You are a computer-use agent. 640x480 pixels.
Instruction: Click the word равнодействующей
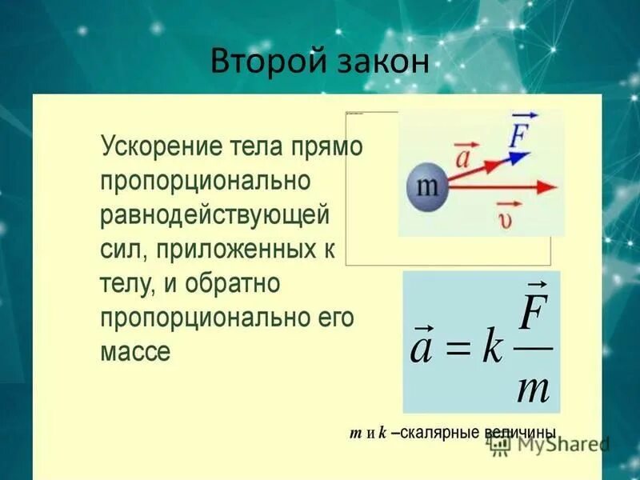pos(215,215)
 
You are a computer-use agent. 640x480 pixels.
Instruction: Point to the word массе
pos(135,351)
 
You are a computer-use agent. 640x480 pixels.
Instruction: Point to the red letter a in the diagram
pos(462,157)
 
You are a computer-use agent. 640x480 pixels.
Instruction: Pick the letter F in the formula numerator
pos(532,314)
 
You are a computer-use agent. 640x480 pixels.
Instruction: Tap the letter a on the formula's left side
pos(422,349)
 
